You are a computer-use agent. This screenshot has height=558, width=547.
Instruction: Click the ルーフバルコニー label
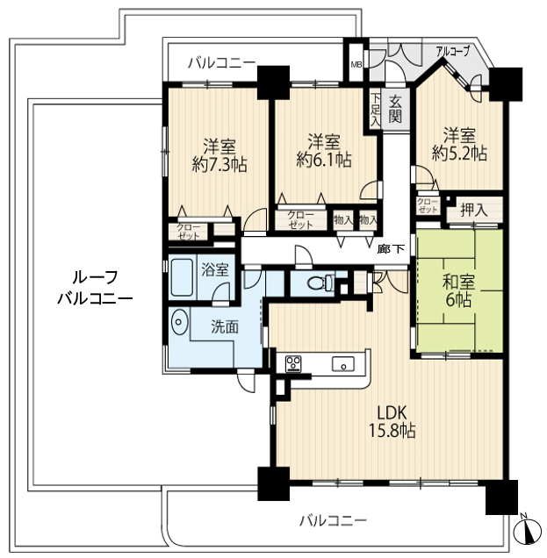coord(94,288)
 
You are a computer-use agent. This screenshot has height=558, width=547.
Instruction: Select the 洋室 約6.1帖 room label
coord(324,150)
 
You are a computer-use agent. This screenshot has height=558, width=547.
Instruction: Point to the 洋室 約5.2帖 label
coord(458,144)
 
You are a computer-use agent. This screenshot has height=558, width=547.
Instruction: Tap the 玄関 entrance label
coord(396,109)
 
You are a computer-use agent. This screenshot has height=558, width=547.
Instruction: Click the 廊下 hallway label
coord(392,250)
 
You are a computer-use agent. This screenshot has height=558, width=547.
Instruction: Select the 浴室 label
coord(214,269)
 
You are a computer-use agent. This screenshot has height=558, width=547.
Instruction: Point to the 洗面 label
coord(224,327)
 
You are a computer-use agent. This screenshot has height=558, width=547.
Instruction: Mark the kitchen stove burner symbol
coord(291,362)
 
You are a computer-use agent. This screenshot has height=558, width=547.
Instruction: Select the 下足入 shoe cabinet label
coord(375,110)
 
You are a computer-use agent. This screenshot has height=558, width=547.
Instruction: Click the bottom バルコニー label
coord(332,520)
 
